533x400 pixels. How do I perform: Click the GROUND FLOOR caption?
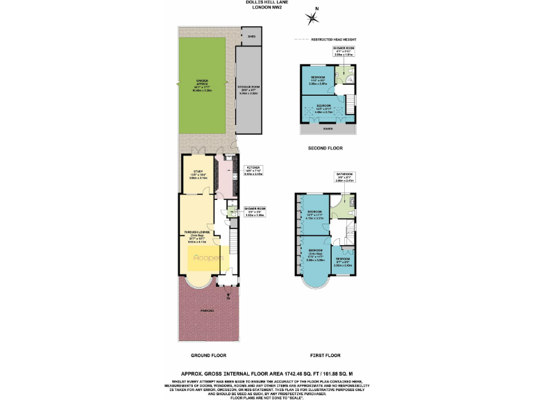(210, 355)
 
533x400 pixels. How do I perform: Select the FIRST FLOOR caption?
(325, 355)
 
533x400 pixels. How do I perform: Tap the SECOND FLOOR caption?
(325, 149)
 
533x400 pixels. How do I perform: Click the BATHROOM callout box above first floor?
(345, 177)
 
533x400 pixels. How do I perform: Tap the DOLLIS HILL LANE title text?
(266, 4)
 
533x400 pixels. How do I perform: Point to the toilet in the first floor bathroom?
(352, 203)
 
